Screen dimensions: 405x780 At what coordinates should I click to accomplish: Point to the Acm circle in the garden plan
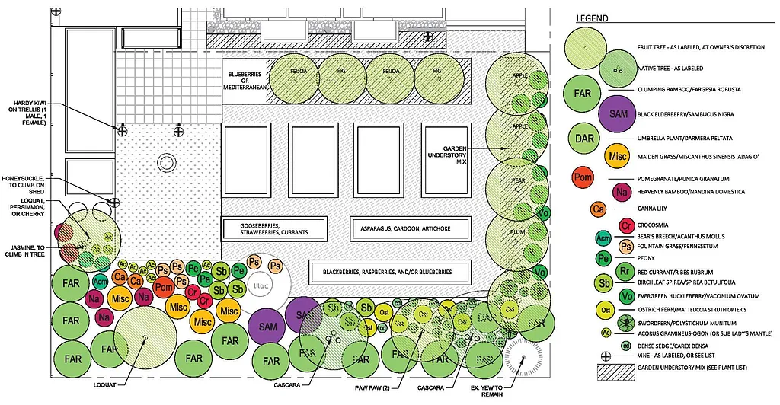pyautogui.click(x=100, y=281)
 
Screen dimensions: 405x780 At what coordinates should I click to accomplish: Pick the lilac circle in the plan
pyautogui.click(x=258, y=287)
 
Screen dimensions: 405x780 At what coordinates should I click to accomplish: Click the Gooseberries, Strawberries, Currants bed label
pyautogui.click(x=273, y=228)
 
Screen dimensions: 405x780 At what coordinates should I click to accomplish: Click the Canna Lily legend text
pyautogui.click(x=652, y=209)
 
